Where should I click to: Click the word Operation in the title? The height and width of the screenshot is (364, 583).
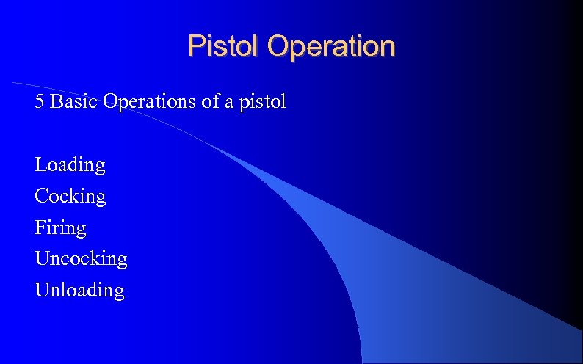[x=331, y=46]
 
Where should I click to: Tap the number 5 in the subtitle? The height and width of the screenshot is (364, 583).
[x=40, y=101]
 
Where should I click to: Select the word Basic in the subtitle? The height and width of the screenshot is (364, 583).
[x=75, y=101]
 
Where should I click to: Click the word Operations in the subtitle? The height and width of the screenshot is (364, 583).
[x=151, y=101]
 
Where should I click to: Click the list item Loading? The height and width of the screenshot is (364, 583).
[x=70, y=165]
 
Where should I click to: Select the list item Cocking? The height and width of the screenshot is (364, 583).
[x=70, y=197]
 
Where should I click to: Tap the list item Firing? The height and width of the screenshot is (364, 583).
[x=60, y=228]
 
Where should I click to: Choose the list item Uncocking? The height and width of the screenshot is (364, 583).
[x=81, y=259]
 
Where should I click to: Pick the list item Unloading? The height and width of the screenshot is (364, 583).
[x=79, y=291]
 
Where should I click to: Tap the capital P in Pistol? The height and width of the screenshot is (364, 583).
[x=195, y=46]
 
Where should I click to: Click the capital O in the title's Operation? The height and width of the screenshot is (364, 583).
[x=278, y=46]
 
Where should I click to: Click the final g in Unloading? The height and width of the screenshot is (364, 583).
[x=119, y=293]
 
